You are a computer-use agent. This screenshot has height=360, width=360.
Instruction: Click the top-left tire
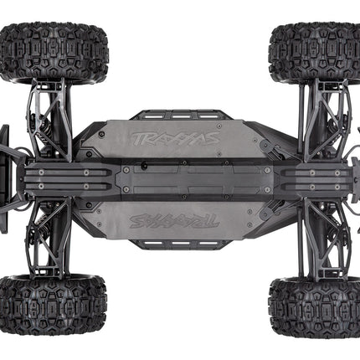(x=53, y=52)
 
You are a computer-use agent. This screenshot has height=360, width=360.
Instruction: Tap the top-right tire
(x=315, y=52)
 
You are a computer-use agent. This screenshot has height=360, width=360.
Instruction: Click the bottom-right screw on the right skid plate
(x=335, y=188)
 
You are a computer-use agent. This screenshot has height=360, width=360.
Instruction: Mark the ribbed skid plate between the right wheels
(x=314, y=179)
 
